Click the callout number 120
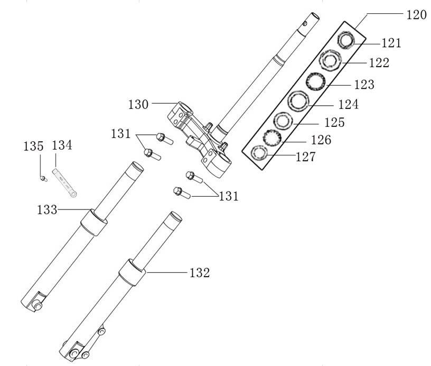[416, 15]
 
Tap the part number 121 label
[391, 43]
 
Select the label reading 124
[348, 104]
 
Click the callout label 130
[139, 104]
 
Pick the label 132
[199, 273]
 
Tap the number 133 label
[47, 210]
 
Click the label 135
[34, 145]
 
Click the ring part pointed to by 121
[346, 40]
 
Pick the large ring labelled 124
[298, 100]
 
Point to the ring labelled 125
[283, 121]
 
